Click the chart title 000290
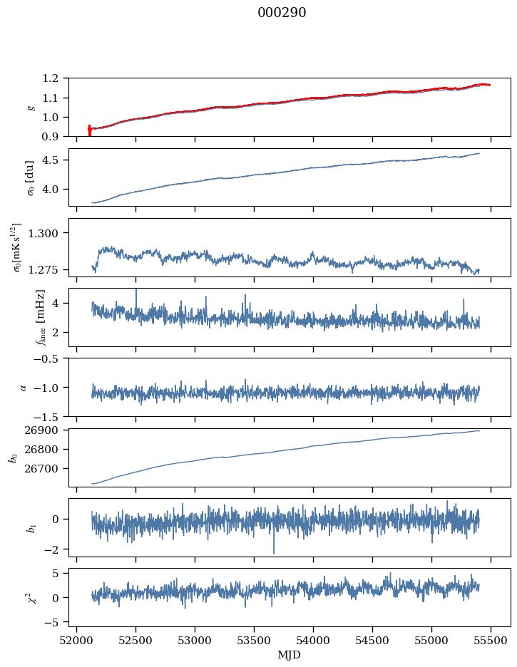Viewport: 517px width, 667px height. (282, 13)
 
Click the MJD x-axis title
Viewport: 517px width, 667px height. (290, 655)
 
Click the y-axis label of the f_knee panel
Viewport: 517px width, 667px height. (21, 317)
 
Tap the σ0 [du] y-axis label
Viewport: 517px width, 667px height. (21, 177)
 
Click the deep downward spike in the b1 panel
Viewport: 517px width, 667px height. (273, 552)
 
